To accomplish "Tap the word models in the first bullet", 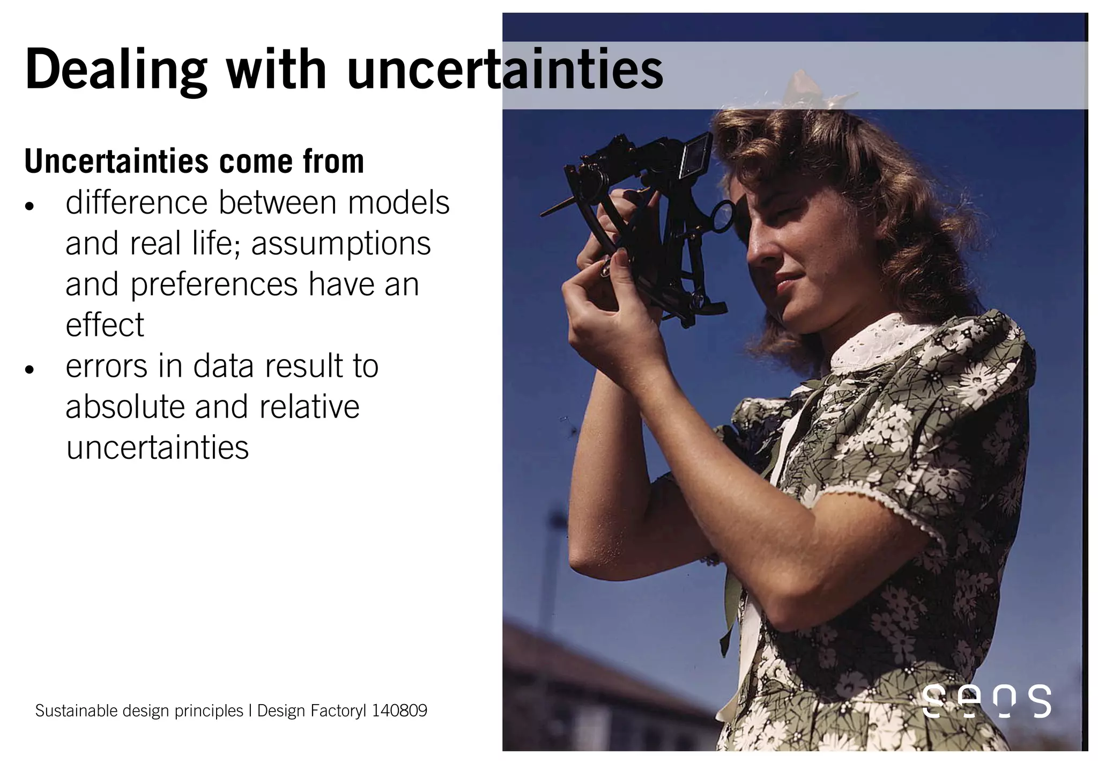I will (398, 203).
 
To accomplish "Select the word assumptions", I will (341, 244).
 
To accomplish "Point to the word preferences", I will (214, 284).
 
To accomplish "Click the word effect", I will (105, 325).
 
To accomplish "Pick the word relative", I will (309, 407).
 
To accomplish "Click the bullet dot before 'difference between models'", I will (29, 207).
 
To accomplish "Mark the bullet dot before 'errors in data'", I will (29, 370).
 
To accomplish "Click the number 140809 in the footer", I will (399, 711).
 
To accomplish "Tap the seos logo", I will (986, 701).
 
